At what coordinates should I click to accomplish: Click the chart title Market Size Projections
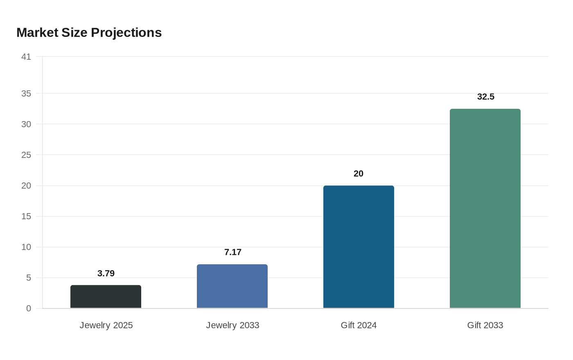tap(89, 33)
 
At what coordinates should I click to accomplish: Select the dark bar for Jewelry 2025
tap(106, 297)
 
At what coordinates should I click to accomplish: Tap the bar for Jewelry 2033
tap(232, 286)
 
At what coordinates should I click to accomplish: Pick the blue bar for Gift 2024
tap(359, 247)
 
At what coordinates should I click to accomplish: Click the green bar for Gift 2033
tap(485, 208)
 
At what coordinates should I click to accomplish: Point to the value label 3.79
tap(106, 273)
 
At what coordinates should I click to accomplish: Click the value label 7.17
tap(233, 252)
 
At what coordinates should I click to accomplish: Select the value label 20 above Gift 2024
tap(359, 173)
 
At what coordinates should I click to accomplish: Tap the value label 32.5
tap(486, 97)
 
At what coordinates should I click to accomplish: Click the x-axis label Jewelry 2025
tap(106, 325)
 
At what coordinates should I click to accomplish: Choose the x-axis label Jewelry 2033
tap(233, 325)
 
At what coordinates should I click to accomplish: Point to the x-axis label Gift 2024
tap(359, 325)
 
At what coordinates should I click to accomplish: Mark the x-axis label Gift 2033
tap(485, 325)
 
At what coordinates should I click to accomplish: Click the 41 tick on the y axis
tap(26, 57)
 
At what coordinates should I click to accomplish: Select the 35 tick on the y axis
tap(26, 94)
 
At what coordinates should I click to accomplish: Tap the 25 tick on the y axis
tap(26, 155)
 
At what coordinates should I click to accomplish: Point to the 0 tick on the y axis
tap(29, 308)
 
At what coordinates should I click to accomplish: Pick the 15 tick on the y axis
tap(26, 216)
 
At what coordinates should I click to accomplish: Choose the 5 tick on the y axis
tap(29, 278)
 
